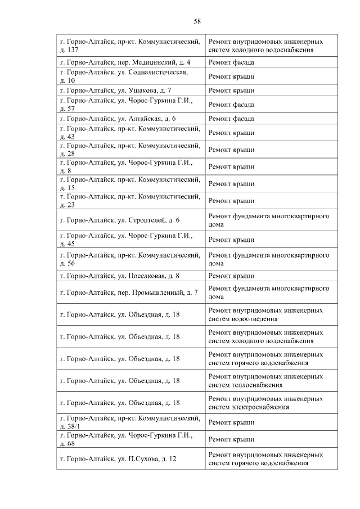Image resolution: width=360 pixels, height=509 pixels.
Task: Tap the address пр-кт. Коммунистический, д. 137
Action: click(130, 46)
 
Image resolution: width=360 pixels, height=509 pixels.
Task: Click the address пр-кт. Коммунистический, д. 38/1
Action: click(130, 422)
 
